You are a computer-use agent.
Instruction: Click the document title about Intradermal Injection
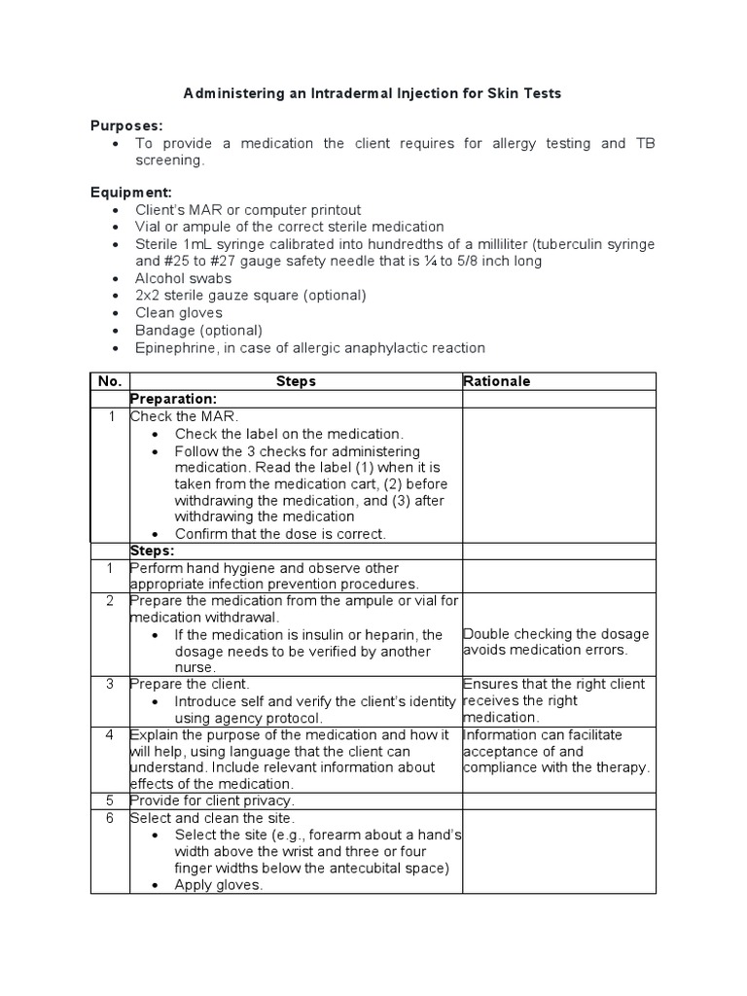pos(373,94)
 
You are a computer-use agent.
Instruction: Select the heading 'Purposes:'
pos(126,125)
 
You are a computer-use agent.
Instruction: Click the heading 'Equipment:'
pos(130,192)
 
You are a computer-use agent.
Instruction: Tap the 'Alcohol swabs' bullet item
pos(183,278)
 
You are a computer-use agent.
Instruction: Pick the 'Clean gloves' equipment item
pos(179,312)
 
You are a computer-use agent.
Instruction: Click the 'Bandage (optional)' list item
pos(192,330)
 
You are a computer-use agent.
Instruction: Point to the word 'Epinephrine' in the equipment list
pos(174,347)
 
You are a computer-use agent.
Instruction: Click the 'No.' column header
pos(109,381)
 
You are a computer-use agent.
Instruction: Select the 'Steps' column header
pos(296,381)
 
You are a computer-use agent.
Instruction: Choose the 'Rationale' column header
pos(497,381)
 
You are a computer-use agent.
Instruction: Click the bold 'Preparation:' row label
pos(173,399)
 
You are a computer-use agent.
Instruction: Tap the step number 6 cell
pos(110,819)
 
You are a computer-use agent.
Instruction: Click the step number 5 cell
pos(110,800)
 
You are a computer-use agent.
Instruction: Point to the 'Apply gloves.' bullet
pos(219,885)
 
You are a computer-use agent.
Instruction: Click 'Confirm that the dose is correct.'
pos(280,534)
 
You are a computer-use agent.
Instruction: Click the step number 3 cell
pos(110,684)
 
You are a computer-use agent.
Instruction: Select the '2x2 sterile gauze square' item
pos(251,295)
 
